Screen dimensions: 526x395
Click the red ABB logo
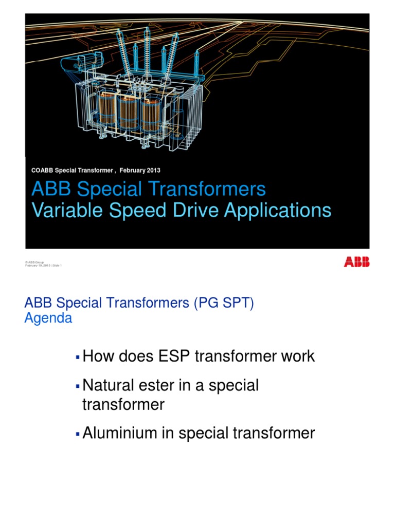[x=356, y=262]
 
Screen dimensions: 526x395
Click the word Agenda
[x=48, y=318]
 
